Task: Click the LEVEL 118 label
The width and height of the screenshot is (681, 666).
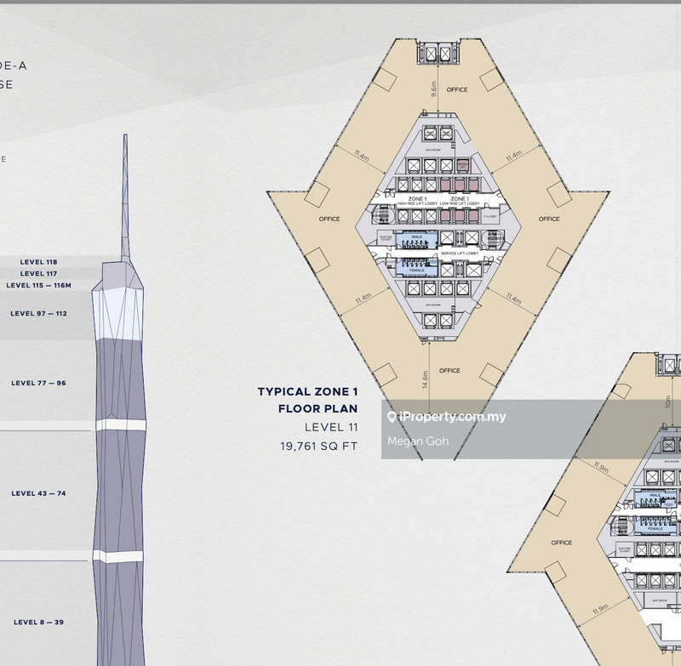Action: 39,262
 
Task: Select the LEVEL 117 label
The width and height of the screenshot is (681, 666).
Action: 39,273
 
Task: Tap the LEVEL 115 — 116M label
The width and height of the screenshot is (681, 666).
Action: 38,285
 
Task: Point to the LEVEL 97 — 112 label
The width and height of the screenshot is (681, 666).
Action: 38,314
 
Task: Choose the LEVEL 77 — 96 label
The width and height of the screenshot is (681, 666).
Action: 38,384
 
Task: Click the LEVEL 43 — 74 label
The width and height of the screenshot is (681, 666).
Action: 38,493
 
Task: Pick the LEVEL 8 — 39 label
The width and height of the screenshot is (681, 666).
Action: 38,623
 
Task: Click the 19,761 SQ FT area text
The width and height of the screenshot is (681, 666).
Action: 319,445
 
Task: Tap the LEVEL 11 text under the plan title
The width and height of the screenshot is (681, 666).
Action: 331,427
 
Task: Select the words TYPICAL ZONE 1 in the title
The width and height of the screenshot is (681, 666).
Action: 308,392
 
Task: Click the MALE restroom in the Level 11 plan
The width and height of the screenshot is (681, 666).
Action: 417,237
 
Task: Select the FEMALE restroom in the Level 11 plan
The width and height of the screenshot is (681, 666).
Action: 417,270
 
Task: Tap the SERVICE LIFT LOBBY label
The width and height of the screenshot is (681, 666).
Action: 460,253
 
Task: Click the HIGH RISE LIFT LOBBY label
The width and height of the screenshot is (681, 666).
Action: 417,204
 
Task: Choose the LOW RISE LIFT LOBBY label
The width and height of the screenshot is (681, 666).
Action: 461,204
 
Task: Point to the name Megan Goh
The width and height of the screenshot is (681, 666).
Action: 417,441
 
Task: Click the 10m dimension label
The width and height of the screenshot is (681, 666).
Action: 667,401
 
